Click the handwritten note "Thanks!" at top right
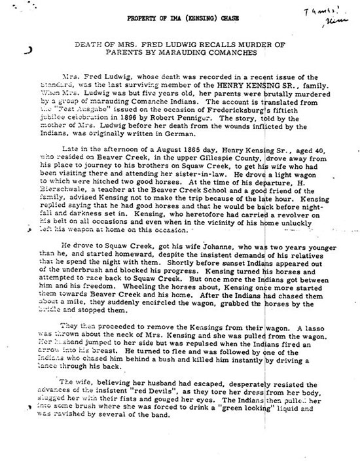317,12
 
